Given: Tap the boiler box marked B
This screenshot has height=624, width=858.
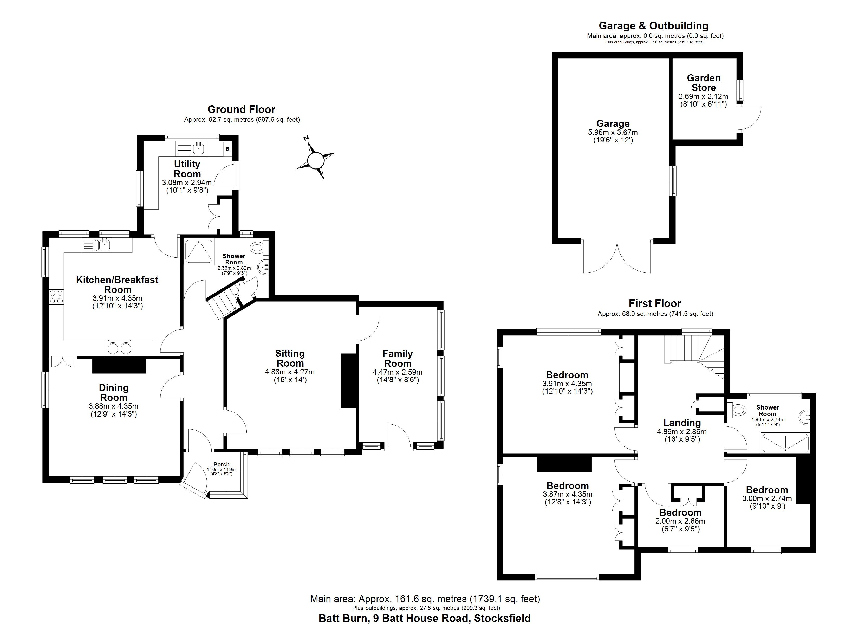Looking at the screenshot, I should tap(227, 149).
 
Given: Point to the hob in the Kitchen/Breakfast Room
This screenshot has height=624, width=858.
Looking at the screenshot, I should tap(56, 297).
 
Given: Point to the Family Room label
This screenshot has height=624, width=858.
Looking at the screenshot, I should tap(397, 358).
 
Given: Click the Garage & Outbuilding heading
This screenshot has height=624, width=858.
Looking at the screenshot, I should tap(653, 26).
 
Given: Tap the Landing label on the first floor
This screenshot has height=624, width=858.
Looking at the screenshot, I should tap(682, 423).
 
